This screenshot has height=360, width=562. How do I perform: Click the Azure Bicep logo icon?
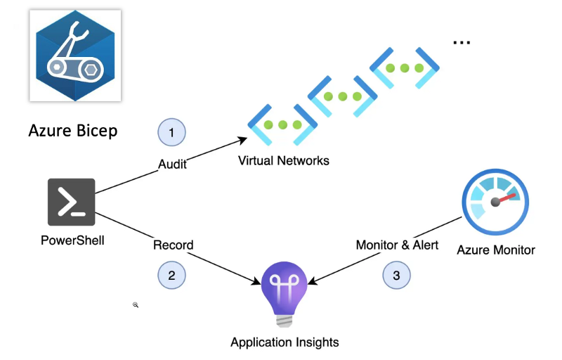74,56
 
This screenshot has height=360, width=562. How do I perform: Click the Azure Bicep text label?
73,131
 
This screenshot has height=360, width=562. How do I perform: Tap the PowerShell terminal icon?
72,202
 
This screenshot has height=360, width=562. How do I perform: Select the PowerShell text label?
72,240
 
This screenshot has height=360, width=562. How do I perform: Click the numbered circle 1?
171,131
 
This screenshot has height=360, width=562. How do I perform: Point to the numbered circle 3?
396,275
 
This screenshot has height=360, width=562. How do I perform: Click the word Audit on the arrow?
172,164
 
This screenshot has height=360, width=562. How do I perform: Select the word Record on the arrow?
174,245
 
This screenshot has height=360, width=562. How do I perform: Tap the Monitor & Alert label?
397,245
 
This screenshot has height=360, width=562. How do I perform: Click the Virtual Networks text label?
283,160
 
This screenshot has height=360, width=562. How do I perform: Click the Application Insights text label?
285,342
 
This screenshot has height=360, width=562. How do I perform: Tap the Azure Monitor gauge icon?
495,201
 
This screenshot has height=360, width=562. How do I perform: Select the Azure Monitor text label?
496,250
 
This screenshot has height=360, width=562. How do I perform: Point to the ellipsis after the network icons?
461,42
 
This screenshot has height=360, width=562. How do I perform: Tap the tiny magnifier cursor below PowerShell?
136,305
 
